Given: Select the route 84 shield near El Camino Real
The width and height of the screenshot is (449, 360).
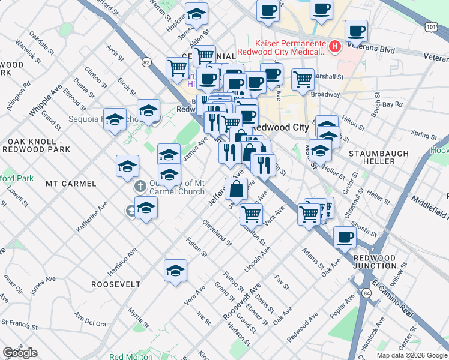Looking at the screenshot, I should click(x=366, y=291).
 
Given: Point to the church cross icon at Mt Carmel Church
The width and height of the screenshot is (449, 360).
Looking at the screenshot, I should click(x=140, y=185).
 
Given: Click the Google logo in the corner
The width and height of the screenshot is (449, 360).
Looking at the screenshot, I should click(x=20, y=353).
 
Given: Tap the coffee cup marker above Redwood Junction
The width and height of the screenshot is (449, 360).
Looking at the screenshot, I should click(x=345, y=237).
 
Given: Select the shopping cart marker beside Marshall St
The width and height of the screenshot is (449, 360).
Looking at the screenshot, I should click(x=303, y=79).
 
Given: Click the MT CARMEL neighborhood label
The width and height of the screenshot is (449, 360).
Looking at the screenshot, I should click(x=71, y=182).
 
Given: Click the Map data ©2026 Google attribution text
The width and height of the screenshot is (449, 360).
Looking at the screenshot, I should click(x=411, y=355).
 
